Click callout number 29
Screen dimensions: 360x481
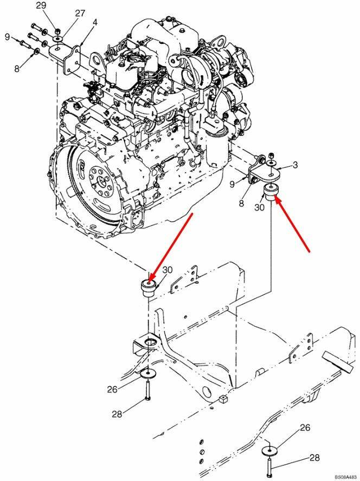(x=41, y=5)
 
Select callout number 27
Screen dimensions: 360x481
(x=80, y=13)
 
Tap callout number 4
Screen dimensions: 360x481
(x=95, y=22)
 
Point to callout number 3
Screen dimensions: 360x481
(x=295, y=165)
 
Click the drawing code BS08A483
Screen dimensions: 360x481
(x=347, y=477)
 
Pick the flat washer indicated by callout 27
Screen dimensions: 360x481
(x=58, y=38)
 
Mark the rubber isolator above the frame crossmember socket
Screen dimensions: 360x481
(x=149, y=288)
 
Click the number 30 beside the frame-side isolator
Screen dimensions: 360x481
(x=168, y=270)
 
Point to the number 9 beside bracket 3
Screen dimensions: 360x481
(x=232, y=184)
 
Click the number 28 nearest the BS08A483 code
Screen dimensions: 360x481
(x=314, y=458)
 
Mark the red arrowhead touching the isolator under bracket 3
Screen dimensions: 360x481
(x=278, y=199)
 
